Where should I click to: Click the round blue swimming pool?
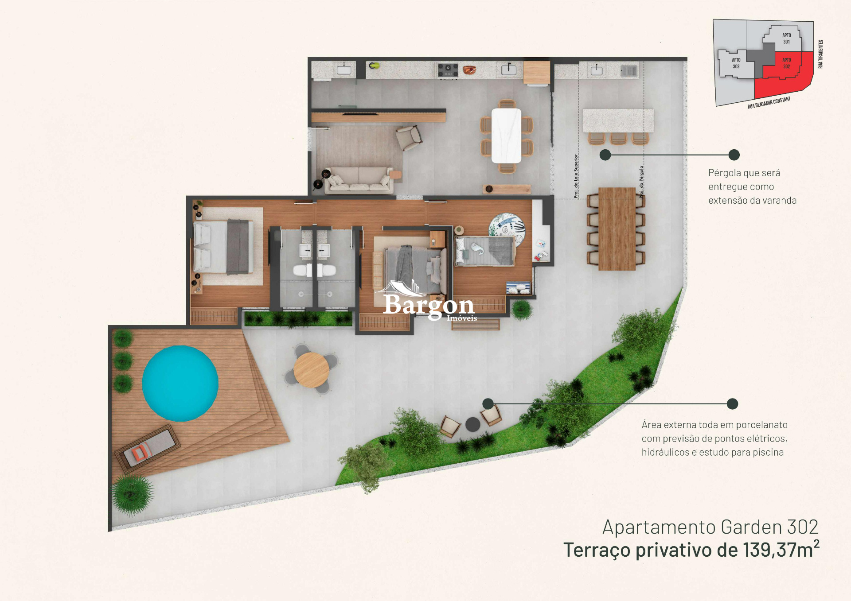pyautogui.click(x=180, y=383)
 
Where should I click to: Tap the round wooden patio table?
pyautogui.click(x=311, y=370)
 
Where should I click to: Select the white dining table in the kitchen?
pyautogui.click(x=506, y=136)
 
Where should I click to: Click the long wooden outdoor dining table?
pyautogui.click(x=617, y=229)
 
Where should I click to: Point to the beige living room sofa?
pyautogui.click(x=359, y=180)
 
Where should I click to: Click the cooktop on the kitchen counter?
pyautogui.click(x=448, y=70)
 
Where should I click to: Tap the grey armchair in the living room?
pyautogui.click(x=409, y=137)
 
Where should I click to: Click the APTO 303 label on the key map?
pyautogui.click(x=736, y=63)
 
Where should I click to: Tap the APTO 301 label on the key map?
pyautogui.click(x=786, y=39)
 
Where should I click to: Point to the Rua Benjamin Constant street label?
pyautogui.click(x=769, y=103)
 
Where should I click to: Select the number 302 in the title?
pyautogui.click(x=802, y=527)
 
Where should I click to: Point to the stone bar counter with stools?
pyautogui.click(x=618, y=120)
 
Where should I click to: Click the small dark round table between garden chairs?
pyautogui.click(x=473, y=424)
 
